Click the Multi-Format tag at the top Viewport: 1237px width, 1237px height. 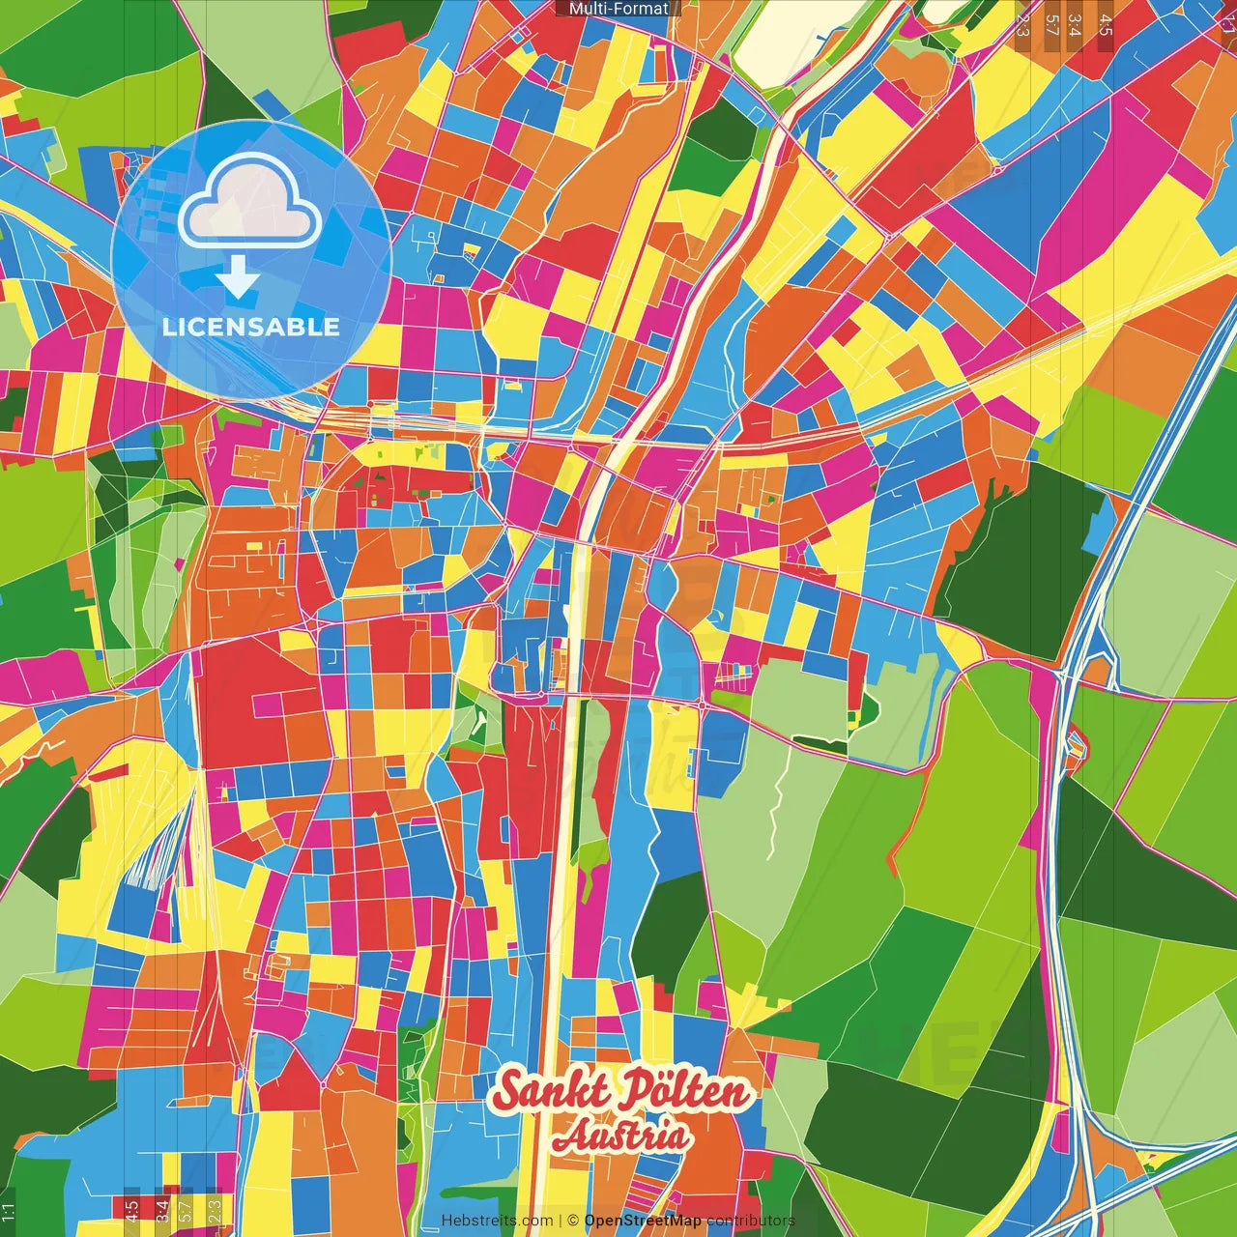pyautogui.click(x=618, y=9)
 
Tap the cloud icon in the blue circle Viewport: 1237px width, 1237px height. pyautogui.click(x=250, y=201)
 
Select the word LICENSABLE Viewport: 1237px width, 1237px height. pyautogui.click(x=250, y=327)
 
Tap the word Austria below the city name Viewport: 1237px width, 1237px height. pyautogui.click(x=621, y=1137)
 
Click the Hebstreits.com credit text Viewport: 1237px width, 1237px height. pyautogui.click(x=497, y=1221)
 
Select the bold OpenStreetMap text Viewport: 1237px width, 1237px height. pyautogui.click(x=642, y=1221)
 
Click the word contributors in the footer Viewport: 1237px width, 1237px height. pyautogui.click(x=750, y=1221)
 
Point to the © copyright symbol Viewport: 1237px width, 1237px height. pyautogui.click(x=572, y=1221)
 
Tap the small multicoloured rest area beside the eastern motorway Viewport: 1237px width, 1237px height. pyautogui.click(x=1075, y=744)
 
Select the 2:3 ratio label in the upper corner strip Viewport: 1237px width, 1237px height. pyautogui.click(x=1022, y=25)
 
